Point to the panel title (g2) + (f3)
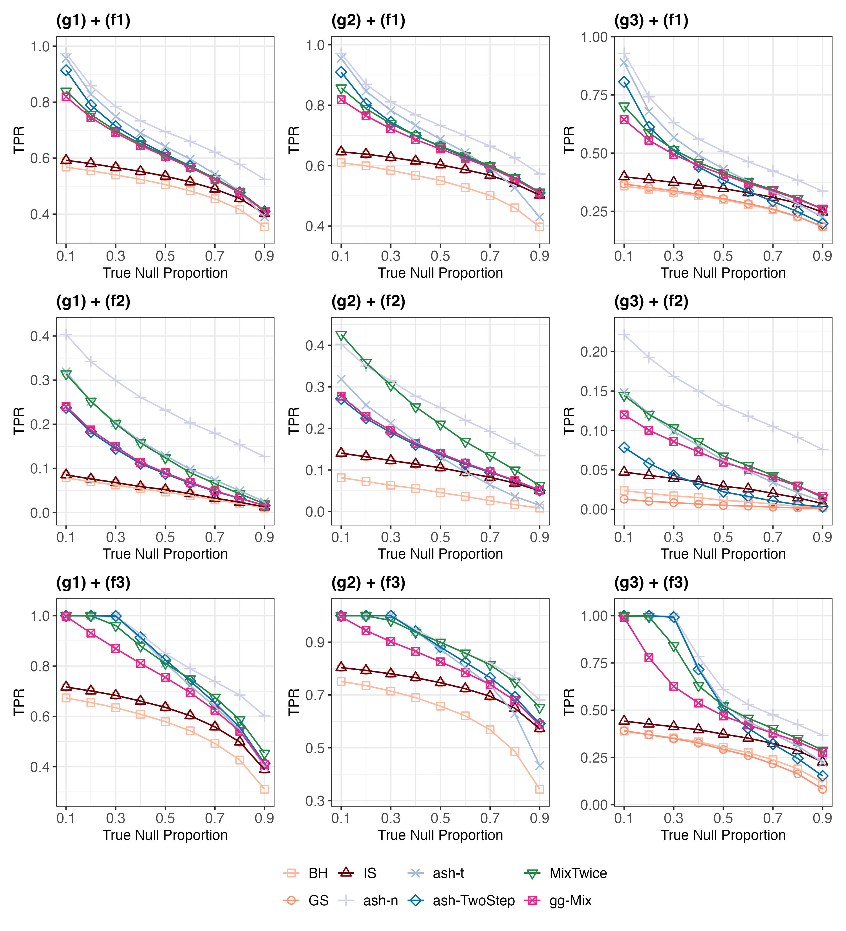coord(368,583)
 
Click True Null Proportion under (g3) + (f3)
coord(723,835)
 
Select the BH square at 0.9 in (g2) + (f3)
coord(539,789)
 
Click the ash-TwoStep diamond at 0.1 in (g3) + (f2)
coord(624,447)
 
